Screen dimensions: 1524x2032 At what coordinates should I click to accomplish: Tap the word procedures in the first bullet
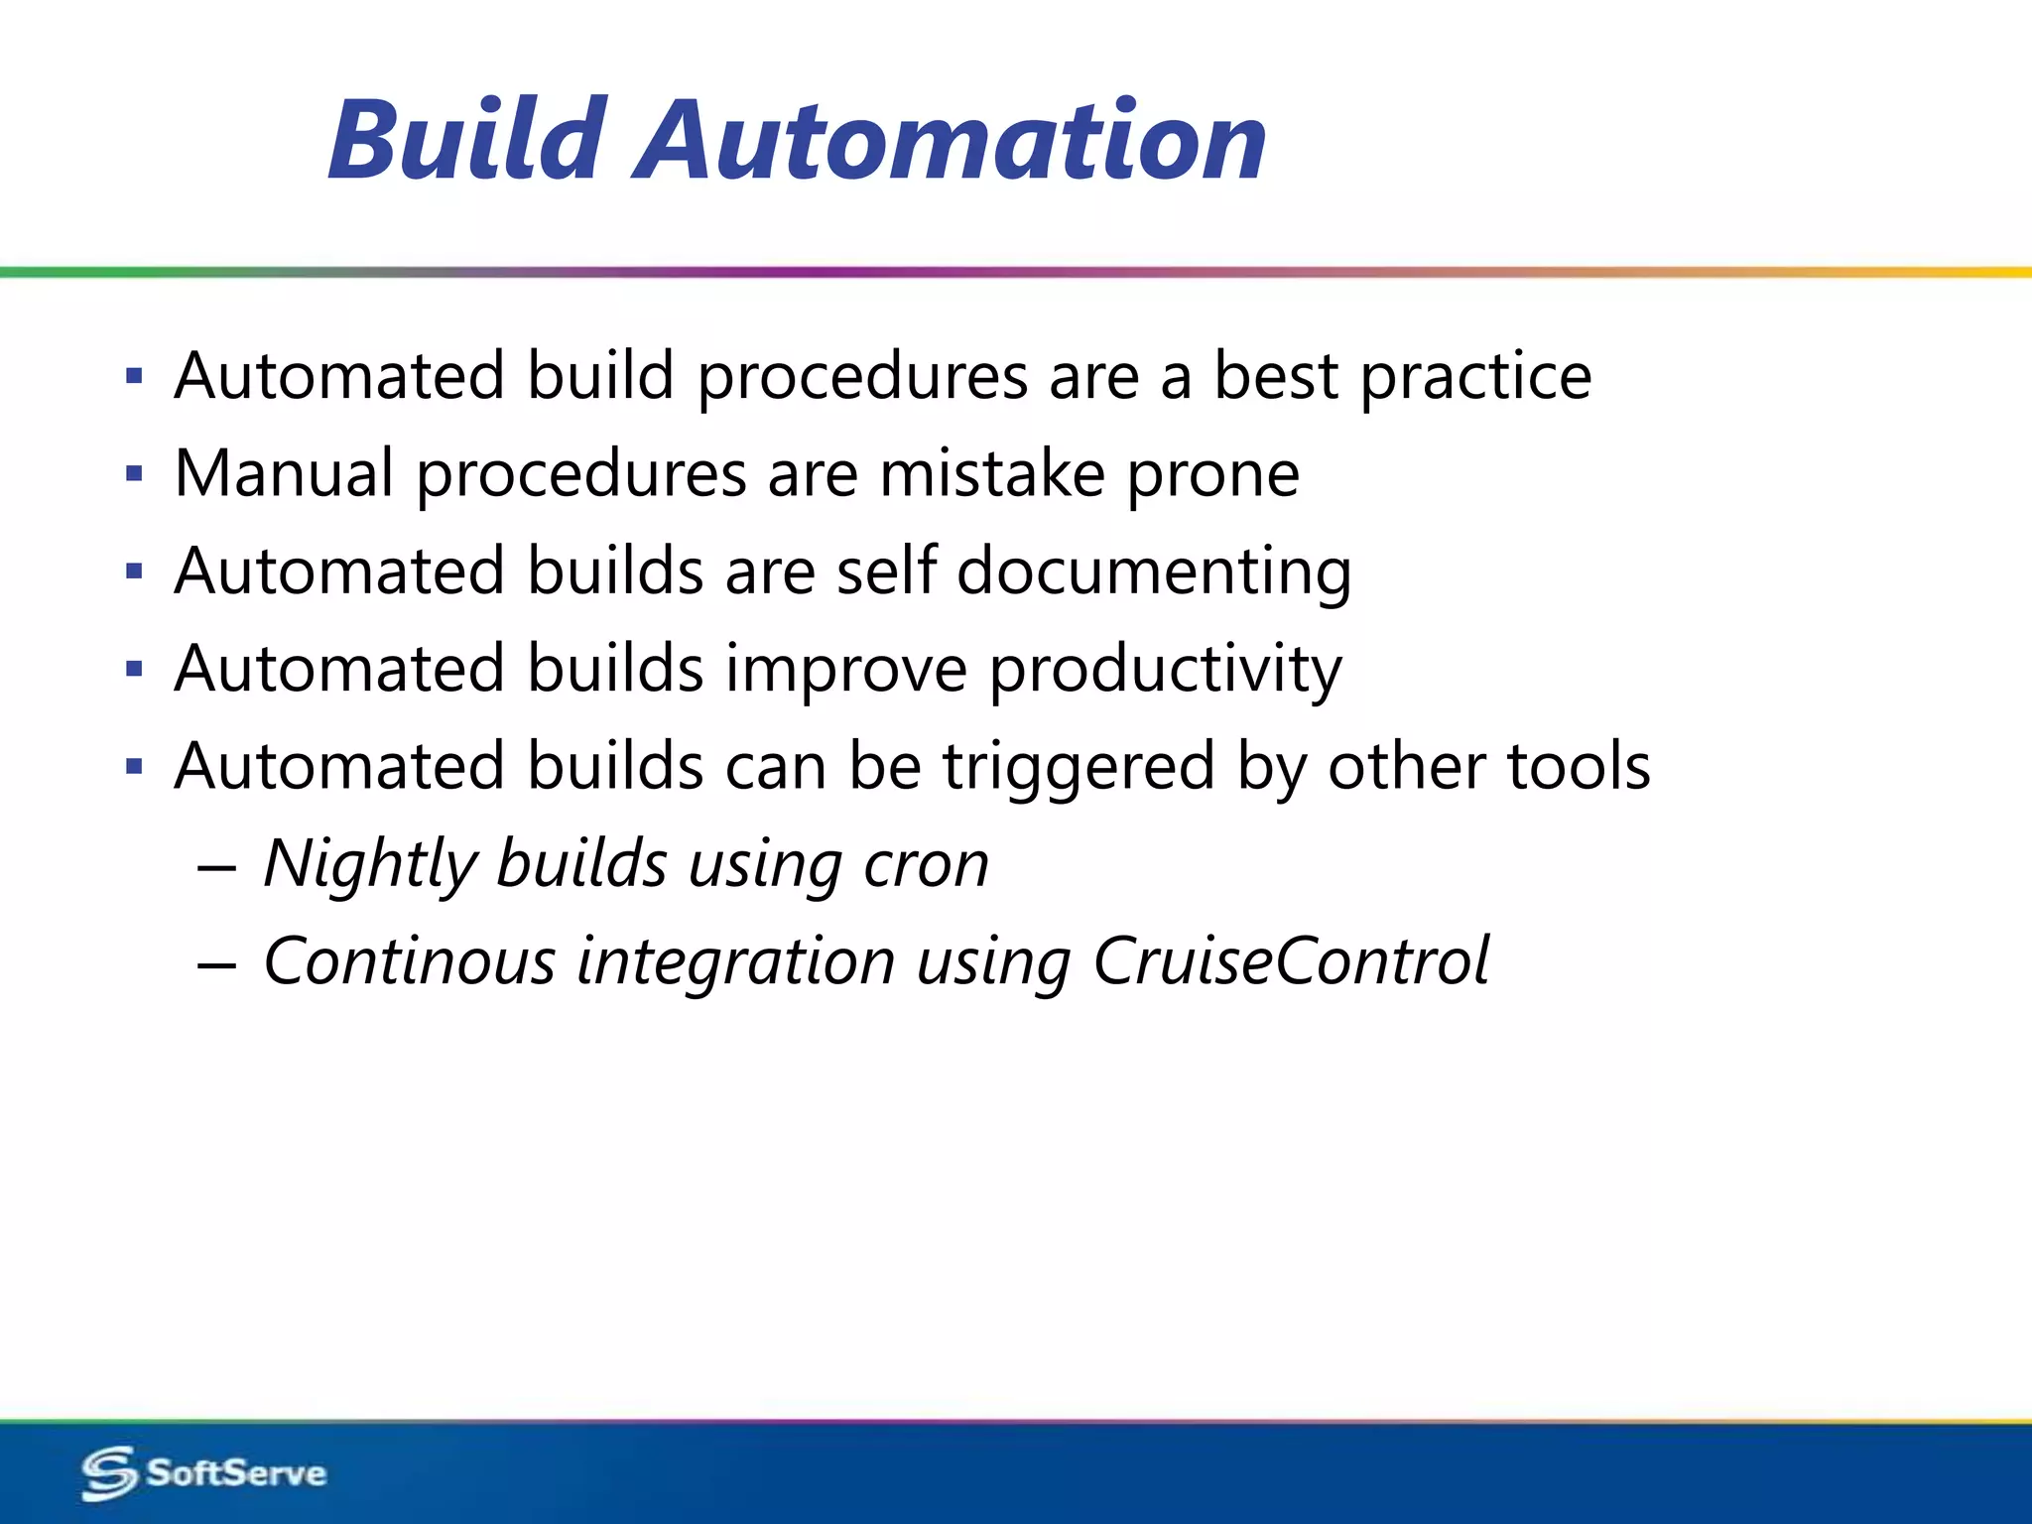point(862,378)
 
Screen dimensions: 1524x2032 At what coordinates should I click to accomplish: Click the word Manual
point(284,473)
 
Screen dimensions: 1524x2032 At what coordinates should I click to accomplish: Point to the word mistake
point(992,473)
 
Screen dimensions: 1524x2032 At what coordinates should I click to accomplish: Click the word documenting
point(1153,572)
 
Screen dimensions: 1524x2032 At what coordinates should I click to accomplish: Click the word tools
point(1578,767)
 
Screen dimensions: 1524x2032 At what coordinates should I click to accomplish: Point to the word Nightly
point(370,864)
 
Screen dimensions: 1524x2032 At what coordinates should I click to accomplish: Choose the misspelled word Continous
point(409,961)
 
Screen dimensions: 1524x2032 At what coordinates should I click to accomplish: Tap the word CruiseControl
point(1290,961)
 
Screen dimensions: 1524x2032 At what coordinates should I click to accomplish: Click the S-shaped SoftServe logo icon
point(108,1472)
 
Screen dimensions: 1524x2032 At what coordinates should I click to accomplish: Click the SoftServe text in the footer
point(236,1472)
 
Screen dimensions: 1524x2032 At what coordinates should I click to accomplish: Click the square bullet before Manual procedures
point(135,474)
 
